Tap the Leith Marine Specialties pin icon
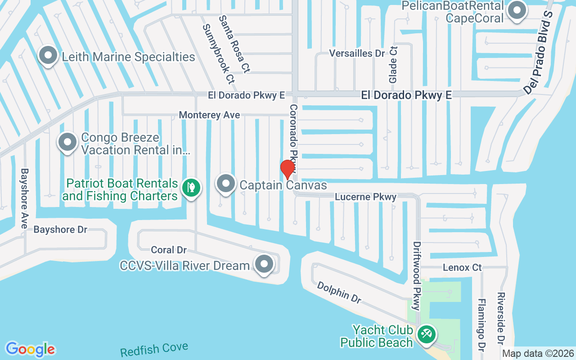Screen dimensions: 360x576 [48, 56]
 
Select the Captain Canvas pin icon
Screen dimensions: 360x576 [226, 184]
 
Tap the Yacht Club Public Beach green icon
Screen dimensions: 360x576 [426, 334]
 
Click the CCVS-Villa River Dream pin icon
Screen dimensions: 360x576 [264, 265]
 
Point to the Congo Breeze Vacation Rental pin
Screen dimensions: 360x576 [67, 142]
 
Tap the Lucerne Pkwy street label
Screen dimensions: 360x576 [365, 197]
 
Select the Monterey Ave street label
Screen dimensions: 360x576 [209, 115]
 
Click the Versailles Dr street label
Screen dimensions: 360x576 [357, 53]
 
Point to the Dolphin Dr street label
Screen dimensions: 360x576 [339, 293]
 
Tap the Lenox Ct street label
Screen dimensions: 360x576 [462, 268]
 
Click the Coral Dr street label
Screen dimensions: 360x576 [169, 250]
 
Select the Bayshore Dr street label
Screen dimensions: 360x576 [60, 229]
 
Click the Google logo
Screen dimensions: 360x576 [30, 349]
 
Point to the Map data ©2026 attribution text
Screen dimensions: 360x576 [538, 353]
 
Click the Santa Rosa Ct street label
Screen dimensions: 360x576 [234, 44]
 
